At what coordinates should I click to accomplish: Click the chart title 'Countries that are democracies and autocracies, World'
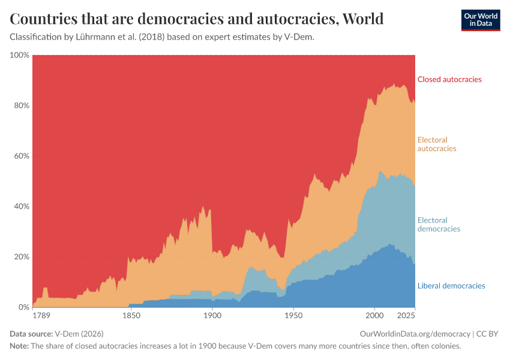point(197,19)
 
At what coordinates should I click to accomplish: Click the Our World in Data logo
point(481,20)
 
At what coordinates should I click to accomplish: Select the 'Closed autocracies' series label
point(449,79)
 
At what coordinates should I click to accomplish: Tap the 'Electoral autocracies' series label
point(437,144)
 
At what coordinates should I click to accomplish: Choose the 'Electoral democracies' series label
point(439,224)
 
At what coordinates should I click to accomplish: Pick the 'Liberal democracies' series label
point(451,286)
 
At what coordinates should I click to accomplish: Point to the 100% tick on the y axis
point(19,55)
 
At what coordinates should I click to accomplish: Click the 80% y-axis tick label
point(21,106)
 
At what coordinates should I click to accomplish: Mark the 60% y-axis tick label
point(21,156)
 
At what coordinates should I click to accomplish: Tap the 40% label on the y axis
point(21,206)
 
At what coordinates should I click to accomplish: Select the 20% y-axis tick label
point(21,257)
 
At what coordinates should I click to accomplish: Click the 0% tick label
point(23,307)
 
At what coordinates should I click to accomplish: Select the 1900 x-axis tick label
point(212,316)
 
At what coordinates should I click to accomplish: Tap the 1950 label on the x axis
point(293,316)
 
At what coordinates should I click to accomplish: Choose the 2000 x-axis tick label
point(374,316)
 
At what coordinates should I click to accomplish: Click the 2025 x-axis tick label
point(407,316)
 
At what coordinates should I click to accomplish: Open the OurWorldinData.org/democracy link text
point(415,334)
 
